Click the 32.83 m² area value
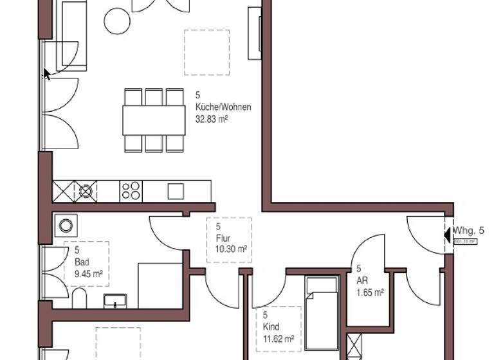212,119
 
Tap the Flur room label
223,238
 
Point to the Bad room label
82,261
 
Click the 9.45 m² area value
89,273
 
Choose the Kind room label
271,327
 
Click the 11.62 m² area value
279,338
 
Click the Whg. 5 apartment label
469,231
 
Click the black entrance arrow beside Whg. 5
448,234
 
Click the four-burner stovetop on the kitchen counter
131,190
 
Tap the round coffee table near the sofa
118,21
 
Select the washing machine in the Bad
66,225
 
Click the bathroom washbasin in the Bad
115,301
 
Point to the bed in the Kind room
322,318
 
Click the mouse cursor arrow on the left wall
46,74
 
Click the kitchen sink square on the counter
175,191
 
